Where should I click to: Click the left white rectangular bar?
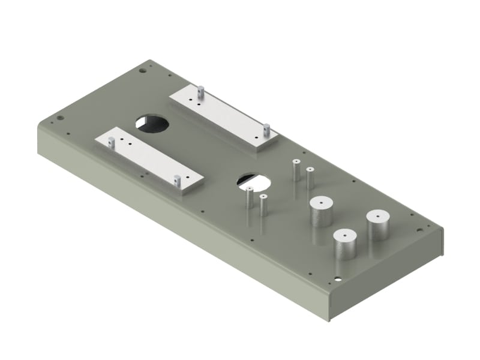pyautogui.click(x=147, y=160)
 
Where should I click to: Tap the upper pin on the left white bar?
pyautogui.click(x=112, y=142)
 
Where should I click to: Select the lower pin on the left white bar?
pyautogui.click(x=177, y=179)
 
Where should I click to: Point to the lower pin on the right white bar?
pyautogui.click(x=267, y=128)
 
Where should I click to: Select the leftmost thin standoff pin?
pyautogui.click(x=249, y=198)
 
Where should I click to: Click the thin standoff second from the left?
pyautogui.click(x=263, y=205)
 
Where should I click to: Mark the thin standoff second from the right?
pyautogui.click(x=296, y=170)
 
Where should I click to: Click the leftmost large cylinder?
pyautogui.click(x=321, y=211)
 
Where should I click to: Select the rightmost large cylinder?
pyautogui.click(x=378, y=225)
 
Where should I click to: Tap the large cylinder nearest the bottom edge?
pyautogui.click(x=346, y=244)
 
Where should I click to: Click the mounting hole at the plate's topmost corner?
pyautogui.click(x=142, y=70)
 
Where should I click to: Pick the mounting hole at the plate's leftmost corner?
pyautogui.click(x=59, y=118)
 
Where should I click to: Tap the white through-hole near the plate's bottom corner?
pyautogui.click(x=339, y=279)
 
